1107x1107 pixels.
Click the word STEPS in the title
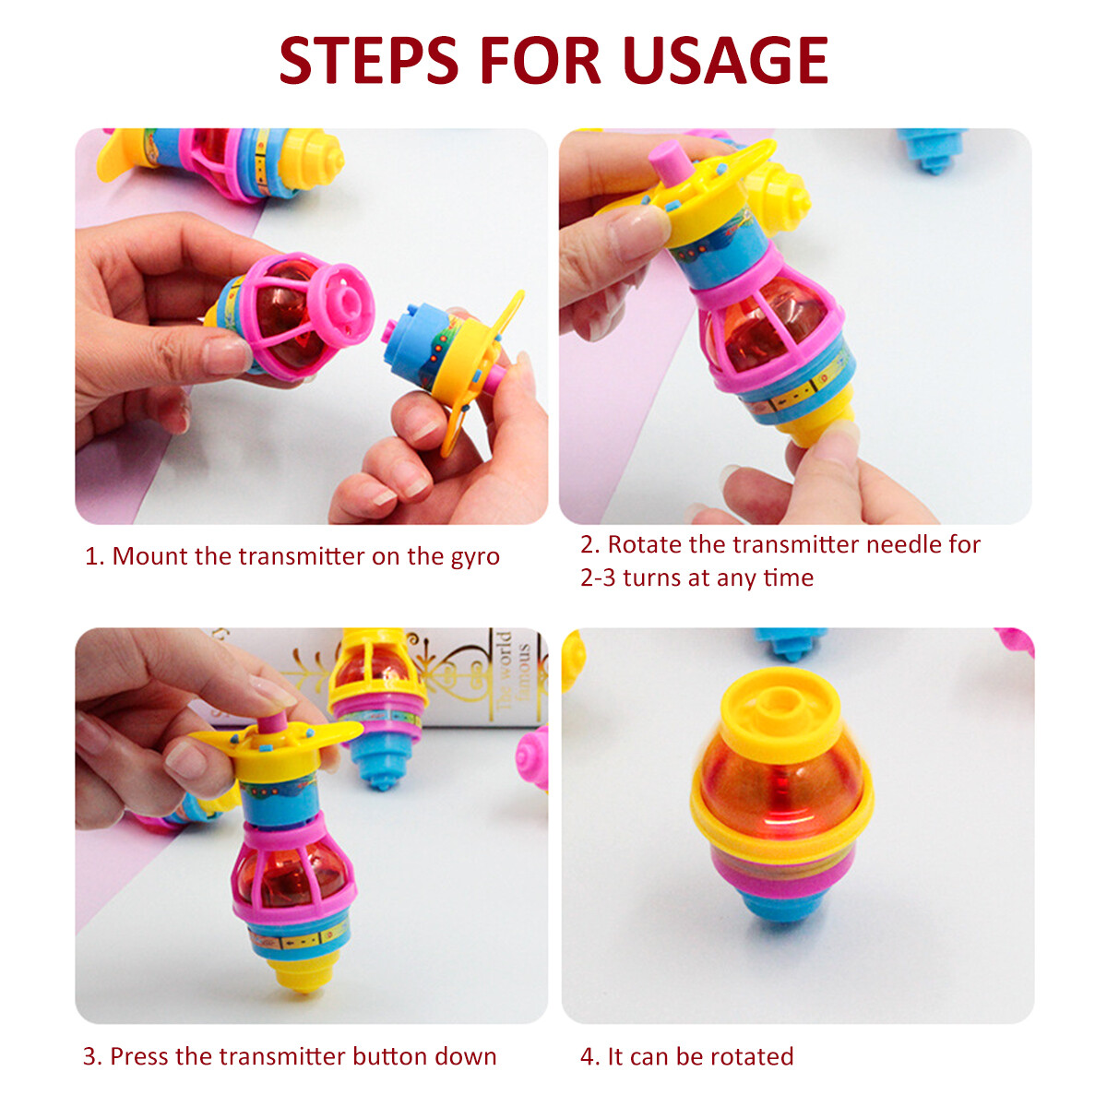coord(368,60)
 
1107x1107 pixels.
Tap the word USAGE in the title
coord(726,60)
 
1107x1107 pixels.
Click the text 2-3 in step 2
coord(598,577)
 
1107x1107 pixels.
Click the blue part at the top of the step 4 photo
coord(790,642)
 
